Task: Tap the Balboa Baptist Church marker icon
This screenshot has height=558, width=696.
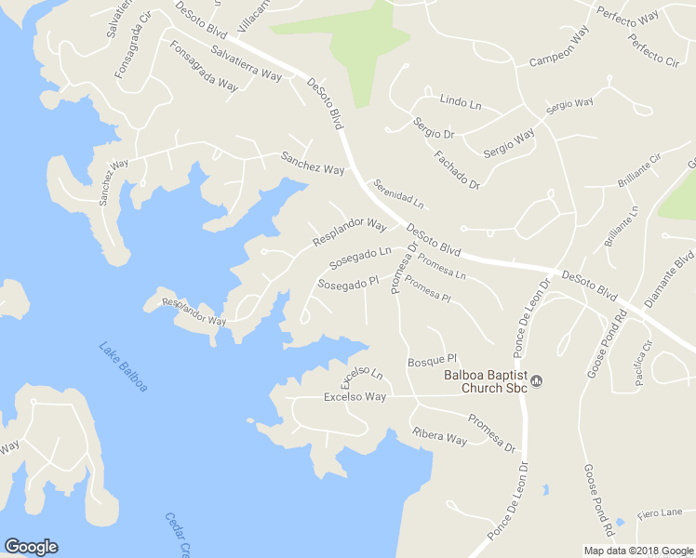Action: pos(536,379)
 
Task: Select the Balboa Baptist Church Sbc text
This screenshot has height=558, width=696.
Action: pos(485,381)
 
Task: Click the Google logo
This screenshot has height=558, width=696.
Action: pos(31,547)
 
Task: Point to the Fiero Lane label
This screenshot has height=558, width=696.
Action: pos(660,512)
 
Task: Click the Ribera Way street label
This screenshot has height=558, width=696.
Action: pos(439,435)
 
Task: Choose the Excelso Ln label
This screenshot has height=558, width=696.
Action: pos(361,377)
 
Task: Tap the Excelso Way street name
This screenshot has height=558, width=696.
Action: pos(355,397)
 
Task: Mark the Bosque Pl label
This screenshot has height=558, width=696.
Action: pos(433,360)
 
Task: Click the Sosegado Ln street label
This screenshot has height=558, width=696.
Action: pos(360,253)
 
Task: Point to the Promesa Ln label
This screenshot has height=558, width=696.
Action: pos(442,266)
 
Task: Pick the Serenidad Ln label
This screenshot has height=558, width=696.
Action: pos(398,193)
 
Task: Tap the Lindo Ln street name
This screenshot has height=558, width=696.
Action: pos(460,100)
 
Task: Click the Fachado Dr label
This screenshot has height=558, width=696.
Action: pos(456,168)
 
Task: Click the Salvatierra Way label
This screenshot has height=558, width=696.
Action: pos(246,63)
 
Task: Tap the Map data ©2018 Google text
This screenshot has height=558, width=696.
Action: pos(639,551)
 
